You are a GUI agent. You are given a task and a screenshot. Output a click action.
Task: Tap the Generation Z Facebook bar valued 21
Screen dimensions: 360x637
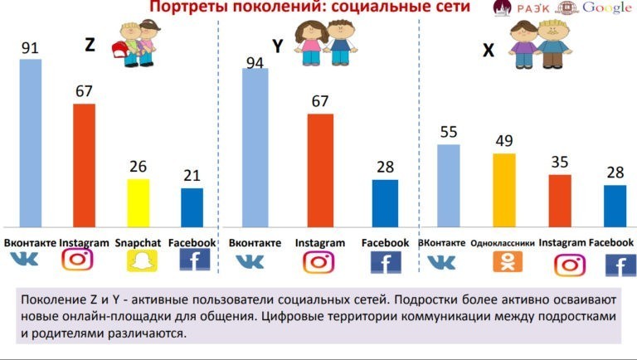[x=192, y=207]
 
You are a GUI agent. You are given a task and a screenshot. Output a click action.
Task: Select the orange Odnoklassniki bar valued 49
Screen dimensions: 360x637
[x=503, y=190]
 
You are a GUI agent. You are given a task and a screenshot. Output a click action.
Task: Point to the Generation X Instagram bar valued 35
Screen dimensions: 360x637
[x=560, y=201]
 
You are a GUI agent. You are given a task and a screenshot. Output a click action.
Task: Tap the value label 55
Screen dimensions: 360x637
[x=448, y=132]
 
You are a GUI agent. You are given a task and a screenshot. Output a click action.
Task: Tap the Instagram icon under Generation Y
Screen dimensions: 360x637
[x=318, y=262]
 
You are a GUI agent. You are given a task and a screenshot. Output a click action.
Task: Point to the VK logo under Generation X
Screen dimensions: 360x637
[x=441, y=263]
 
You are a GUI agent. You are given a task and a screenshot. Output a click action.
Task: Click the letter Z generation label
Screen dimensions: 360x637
[x=90, y=46]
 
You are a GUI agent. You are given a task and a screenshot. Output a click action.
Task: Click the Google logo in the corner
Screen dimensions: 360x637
[x=607, y=8]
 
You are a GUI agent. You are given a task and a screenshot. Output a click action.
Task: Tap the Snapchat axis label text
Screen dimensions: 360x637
[x=137, y=243]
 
